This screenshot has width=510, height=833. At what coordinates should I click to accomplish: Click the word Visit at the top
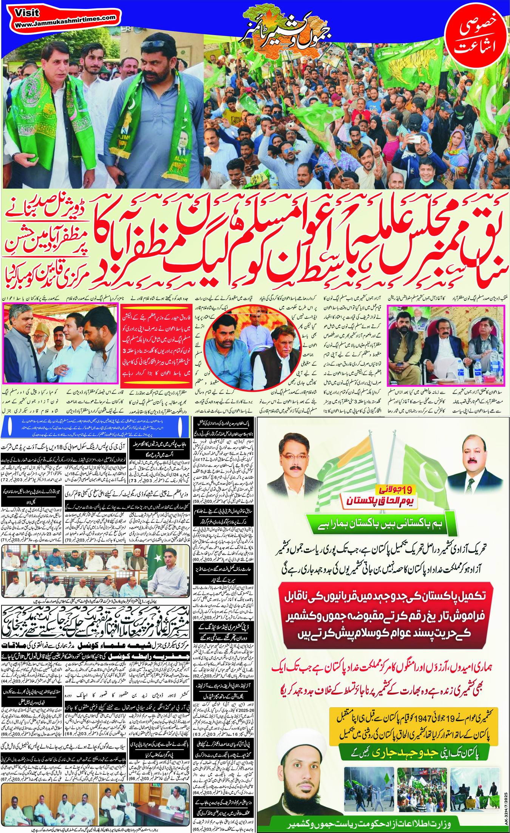tap(28, 12)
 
